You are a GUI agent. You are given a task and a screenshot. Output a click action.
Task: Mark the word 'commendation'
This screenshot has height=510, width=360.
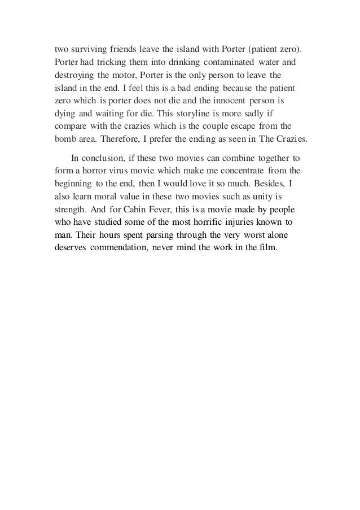pyautogui.click(x=121, y=252)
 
